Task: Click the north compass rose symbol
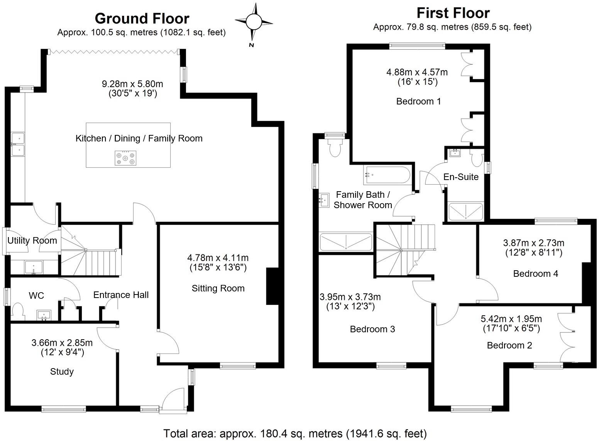(x=254, y=21)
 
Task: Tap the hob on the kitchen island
(x=125, y=158)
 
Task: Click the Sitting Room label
(x=218, y=288)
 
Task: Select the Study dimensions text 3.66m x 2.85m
(x=62, y=342)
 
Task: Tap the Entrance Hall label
(x=121, y=295)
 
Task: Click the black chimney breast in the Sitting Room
(x=272, y=286)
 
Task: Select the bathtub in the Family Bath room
(x=387, y=175)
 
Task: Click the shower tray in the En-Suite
(x=465, y=212)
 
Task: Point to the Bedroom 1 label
(x=418, y=101)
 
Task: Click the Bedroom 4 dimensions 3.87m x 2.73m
(x=533, y=243)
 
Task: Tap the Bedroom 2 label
(x=509, y=345)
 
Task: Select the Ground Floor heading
(x=142, y=19)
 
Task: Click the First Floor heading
(x=453, y=13)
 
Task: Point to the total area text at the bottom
(x=295, y=434)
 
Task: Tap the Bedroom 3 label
(x=372, y=329)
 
